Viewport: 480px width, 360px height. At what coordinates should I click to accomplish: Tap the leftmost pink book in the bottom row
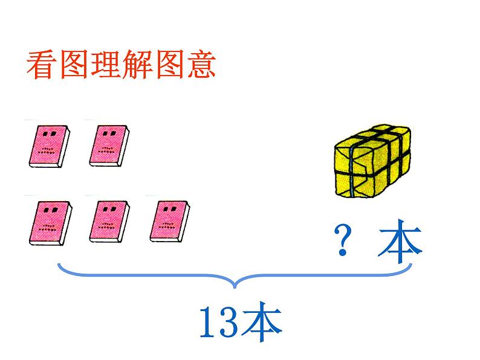[x=48, y=222]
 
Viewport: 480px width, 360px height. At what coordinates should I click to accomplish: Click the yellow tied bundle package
[x=373, y=161]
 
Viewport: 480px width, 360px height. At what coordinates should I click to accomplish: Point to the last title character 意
[x=199, y=65]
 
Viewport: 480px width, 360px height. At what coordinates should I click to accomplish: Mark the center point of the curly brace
[x=236, y=283]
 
